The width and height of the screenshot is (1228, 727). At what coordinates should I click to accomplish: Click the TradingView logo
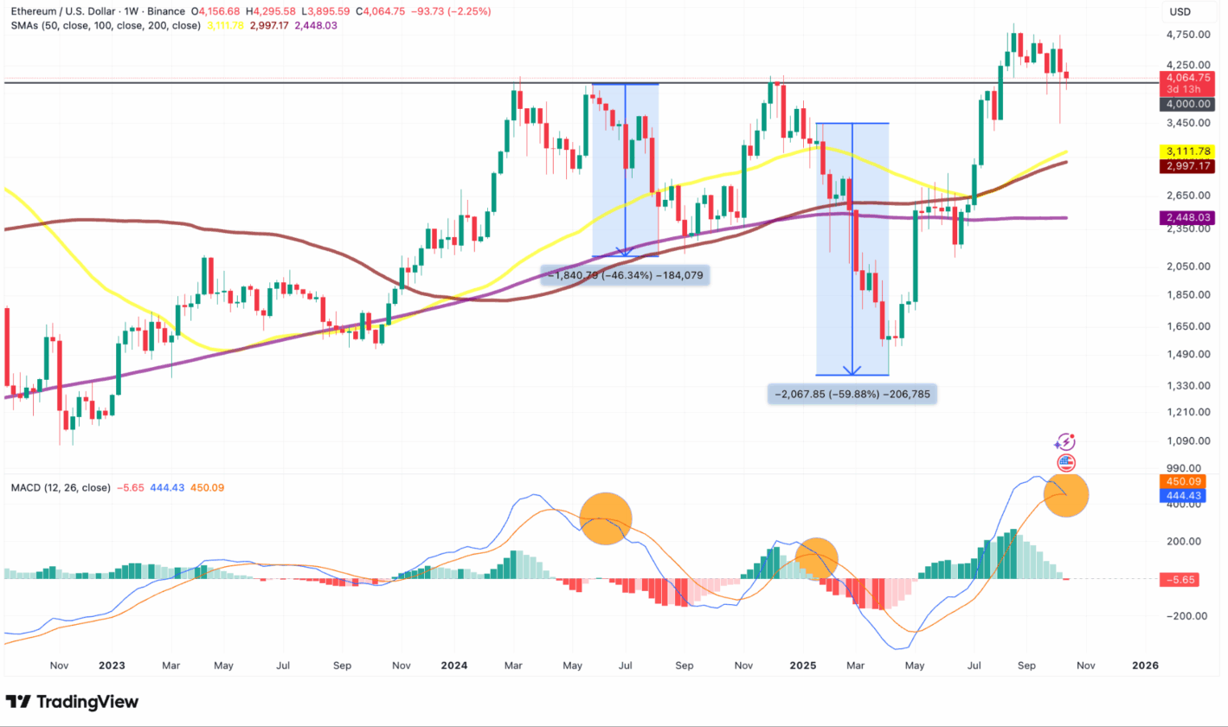click(x=72, y=701)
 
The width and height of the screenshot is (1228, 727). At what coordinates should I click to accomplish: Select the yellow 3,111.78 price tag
click(x=1181, y=151)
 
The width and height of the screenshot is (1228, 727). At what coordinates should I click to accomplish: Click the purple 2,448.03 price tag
click(x=1181, y=218)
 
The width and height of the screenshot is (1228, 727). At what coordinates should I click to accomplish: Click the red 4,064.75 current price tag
click(x=1181, y=76)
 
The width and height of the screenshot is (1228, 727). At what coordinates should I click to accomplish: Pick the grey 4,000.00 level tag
click(x=1181, y=104)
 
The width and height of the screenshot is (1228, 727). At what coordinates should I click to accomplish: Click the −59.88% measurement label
click(x=853, y=395)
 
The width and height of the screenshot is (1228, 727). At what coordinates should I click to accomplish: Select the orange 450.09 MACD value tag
click(x=1180, y=480)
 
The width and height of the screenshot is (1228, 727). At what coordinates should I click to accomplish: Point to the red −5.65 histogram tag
click(x=1180, y=580)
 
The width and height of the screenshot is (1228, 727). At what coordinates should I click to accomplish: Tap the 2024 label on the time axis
click(x=454, y=666)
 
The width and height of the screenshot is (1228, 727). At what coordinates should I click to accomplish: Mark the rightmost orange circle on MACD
click(x=1066, y=494)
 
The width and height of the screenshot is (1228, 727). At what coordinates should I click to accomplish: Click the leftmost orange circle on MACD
click(x=606, y=518)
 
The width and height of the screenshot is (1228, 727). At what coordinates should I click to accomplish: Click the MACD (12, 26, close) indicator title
click(x=61, y=487)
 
